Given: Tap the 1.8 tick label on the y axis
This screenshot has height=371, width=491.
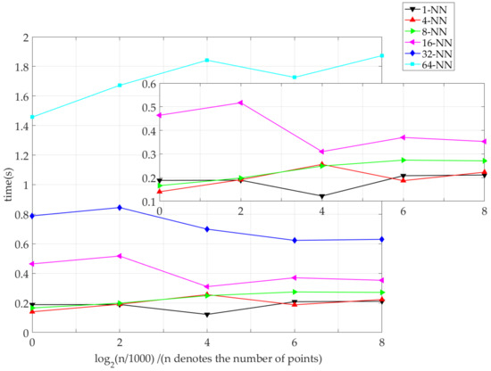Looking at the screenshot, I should pyautogui.click(x=19, y=67).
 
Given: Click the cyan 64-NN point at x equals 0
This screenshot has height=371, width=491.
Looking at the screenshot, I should pyautogui.click(x=33, y=117).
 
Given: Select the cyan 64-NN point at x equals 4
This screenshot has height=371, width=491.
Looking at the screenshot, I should pyautogui.click(x=207, y=61).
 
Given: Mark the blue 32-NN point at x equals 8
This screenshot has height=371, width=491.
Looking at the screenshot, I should pyautogui.click(x=382, y=239).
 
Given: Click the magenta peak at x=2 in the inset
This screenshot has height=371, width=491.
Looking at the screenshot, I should pyautogui.click(x=240, y=103).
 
